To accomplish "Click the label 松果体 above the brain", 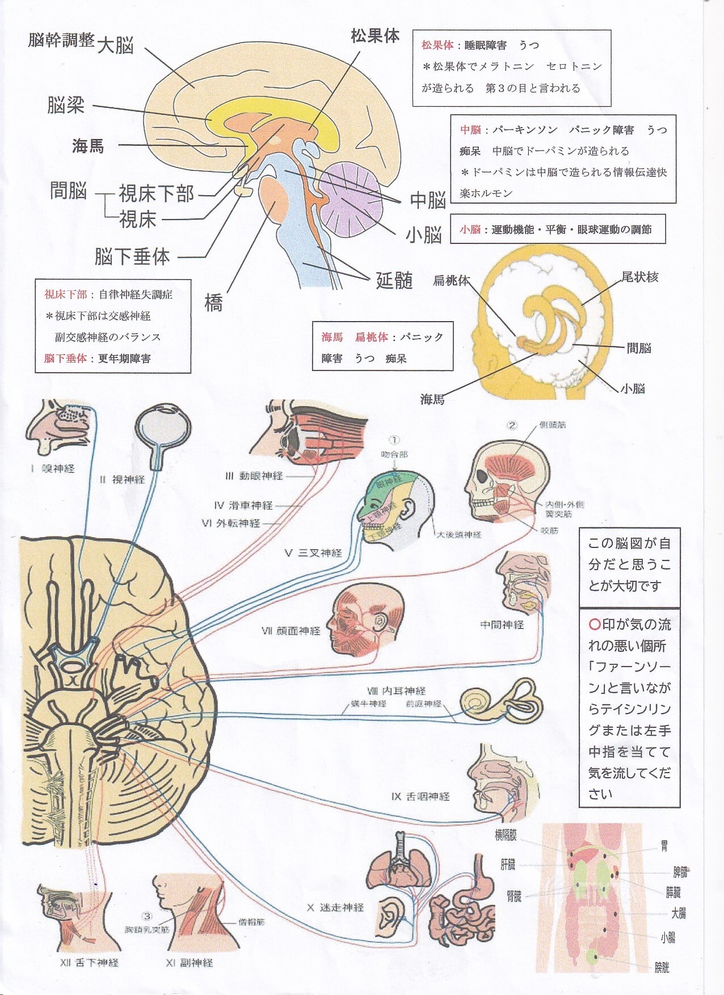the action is [x=375, y=36].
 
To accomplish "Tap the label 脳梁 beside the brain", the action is [x=66, y=105].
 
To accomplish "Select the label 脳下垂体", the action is [x=132, y=256].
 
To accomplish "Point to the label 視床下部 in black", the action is [x=157, y=194].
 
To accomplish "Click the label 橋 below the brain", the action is [x=213, y=303].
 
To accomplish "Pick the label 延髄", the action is [x=394, y=280].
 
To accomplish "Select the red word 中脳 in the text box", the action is [x=470, y=130].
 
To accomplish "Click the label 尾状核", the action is [x=639, y=277].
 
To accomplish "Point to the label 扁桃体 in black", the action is [x=452, y=280].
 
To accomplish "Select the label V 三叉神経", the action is [x=314, y=553].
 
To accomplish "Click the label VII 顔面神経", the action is [x=291, y=631].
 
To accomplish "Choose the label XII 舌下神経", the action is [x=89, y=963].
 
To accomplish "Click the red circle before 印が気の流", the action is [x=595, y=625].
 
